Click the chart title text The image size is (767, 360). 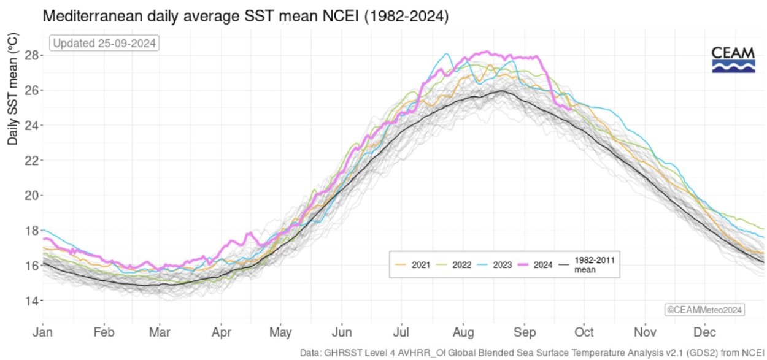[x=245, y=17]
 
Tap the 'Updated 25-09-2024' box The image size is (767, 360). [x=105, y=44]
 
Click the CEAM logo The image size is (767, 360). [x=733, y=59]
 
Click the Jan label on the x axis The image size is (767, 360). [x=43, y=332]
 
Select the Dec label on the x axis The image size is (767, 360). [x=704, y=332]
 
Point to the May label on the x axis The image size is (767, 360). [x=280, y=332]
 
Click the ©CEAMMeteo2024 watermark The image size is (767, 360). [x=705, y=310]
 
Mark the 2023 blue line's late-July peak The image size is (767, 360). [x=447, y=54]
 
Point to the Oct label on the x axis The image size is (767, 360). [x=584, y=332]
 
